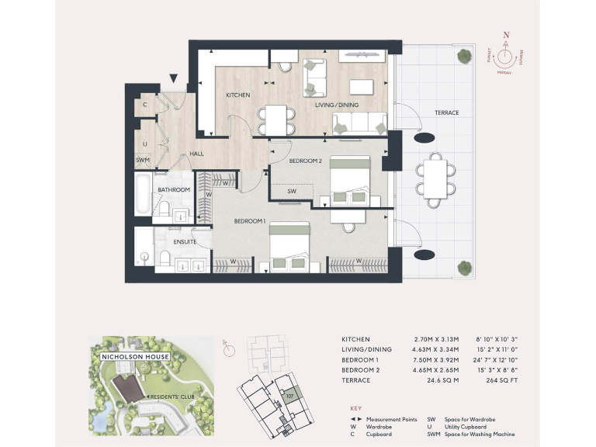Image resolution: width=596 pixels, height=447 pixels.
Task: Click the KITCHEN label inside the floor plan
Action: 237,95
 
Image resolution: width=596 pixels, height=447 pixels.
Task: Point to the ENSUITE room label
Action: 185,242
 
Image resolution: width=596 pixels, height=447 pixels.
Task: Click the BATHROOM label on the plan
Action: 174,189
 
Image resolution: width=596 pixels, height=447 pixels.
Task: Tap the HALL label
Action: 196,154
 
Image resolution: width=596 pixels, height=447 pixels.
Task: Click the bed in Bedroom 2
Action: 352,180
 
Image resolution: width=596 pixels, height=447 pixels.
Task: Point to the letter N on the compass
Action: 506,36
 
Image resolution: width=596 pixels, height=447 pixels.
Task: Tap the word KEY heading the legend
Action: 356,407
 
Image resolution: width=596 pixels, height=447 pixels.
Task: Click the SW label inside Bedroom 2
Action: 292,190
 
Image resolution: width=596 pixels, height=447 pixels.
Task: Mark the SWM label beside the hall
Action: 142,160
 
